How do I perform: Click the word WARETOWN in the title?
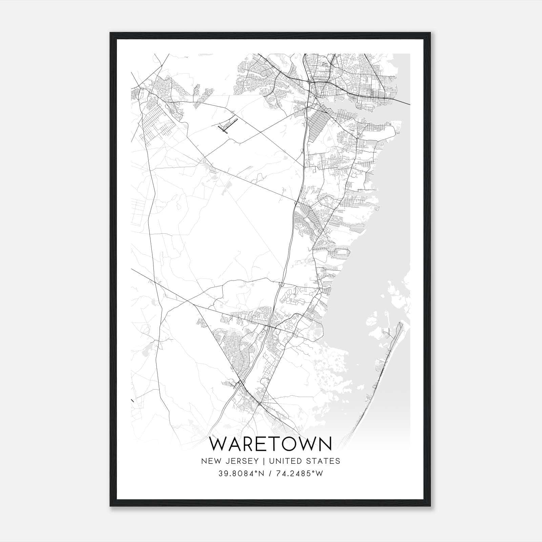pos(271,444)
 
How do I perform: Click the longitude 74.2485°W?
pos(300,474)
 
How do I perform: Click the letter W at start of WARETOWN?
pos(218,444)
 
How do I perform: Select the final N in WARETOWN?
pos(326,444)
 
